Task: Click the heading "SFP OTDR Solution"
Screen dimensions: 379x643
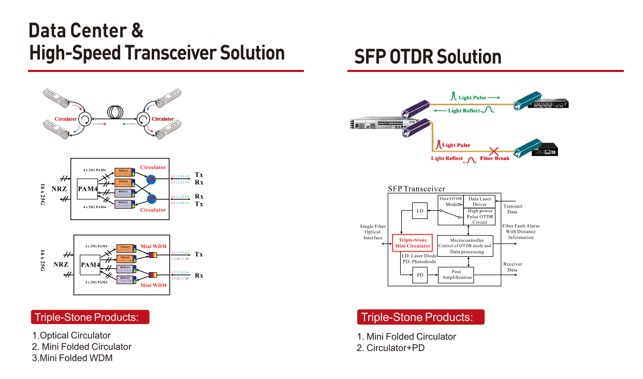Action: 428,57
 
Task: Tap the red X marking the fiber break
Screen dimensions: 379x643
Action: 494,152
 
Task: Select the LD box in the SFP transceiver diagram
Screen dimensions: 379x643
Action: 420,211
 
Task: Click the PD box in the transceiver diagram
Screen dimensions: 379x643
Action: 420,275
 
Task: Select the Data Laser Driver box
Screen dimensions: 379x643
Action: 480,201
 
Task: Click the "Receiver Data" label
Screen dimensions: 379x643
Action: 513,267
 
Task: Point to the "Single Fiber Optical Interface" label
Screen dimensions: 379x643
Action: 373,232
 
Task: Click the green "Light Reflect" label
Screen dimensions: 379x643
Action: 464,110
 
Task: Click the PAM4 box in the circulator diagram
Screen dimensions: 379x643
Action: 87,189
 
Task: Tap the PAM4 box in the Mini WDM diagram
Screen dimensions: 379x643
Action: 90,265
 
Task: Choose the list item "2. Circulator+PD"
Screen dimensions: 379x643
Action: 390,348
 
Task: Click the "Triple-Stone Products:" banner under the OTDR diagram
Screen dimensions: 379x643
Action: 420,317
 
